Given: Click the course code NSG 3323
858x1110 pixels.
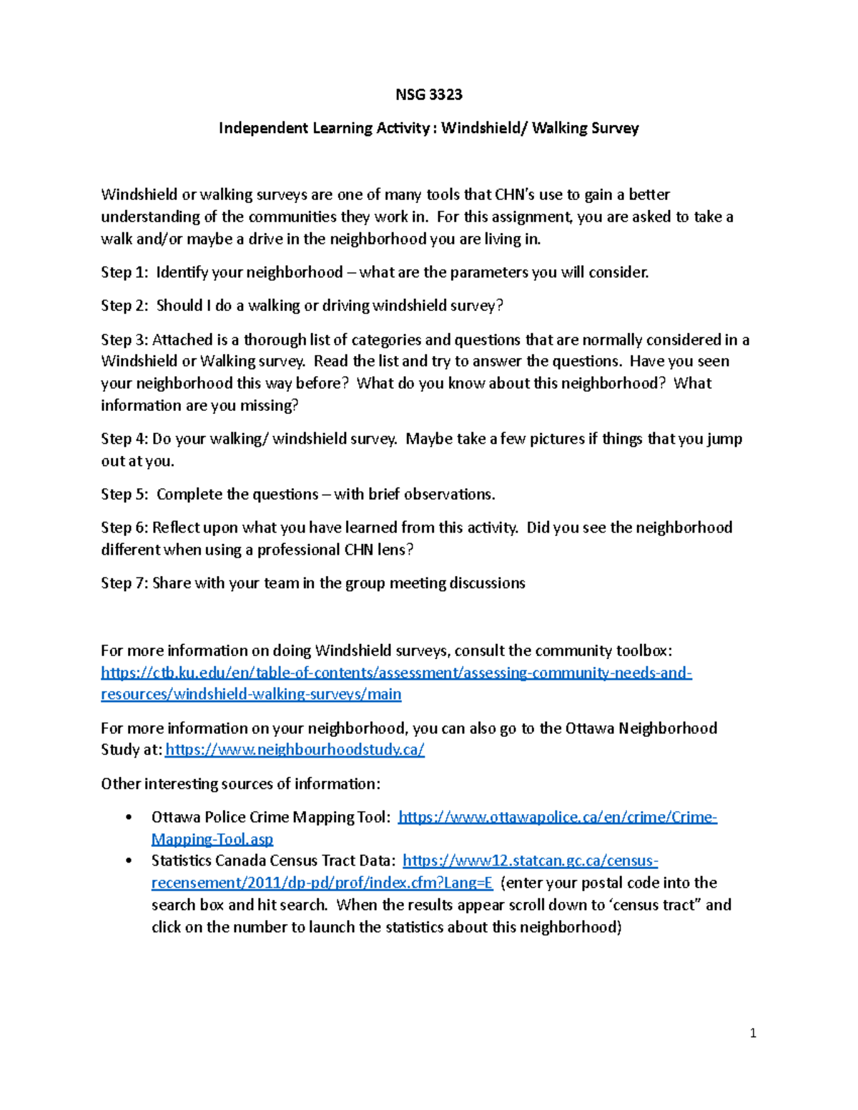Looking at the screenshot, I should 429,94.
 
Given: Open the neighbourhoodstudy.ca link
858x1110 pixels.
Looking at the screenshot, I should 295,750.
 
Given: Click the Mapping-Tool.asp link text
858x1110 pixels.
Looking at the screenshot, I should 212,839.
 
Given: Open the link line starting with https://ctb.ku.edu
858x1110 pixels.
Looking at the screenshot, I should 396,673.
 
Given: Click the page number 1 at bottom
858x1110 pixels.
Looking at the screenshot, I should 753,1033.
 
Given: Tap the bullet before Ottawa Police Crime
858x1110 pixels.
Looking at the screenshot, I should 129,818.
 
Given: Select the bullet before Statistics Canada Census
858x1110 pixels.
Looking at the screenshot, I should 129,861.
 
